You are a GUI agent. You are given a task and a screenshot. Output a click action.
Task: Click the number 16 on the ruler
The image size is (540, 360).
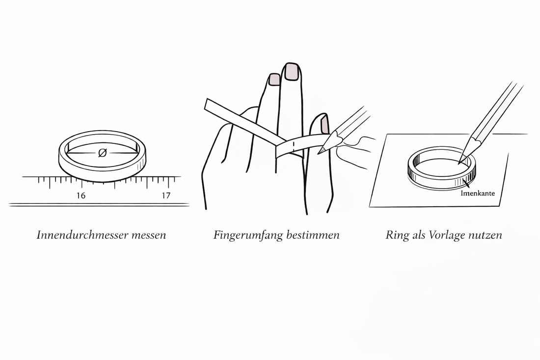click(81, 195)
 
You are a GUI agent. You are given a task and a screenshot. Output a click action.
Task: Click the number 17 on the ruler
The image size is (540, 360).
click(166, 195)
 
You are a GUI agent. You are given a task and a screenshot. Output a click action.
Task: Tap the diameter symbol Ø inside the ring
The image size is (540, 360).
click(102, 153)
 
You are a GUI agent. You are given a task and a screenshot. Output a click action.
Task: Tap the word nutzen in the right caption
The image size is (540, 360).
click(486, 235)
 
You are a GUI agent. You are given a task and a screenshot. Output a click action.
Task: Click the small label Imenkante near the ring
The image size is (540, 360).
click(477, 194)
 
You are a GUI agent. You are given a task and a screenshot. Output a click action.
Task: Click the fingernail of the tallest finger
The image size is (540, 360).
click(292, 72)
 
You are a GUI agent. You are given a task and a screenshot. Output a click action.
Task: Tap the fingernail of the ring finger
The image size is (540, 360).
click(274, 80)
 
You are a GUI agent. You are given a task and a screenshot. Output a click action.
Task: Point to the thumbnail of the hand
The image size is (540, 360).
click(325, 124)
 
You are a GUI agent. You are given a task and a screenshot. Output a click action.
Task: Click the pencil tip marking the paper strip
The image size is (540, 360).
click(320, 151)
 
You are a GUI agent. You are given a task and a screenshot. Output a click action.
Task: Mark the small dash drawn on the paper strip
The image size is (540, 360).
click(293, 146)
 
